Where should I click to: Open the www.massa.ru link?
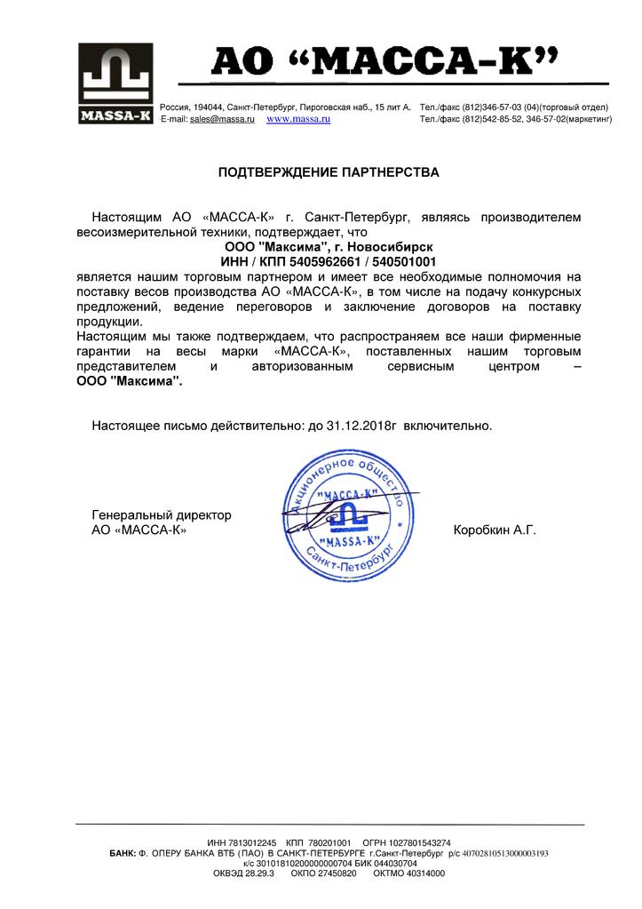tap(298, 118)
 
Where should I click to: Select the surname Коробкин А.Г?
tap(495, 530)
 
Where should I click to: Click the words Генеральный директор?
tap(162, 515)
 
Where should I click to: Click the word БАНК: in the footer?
tap(122, 853)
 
